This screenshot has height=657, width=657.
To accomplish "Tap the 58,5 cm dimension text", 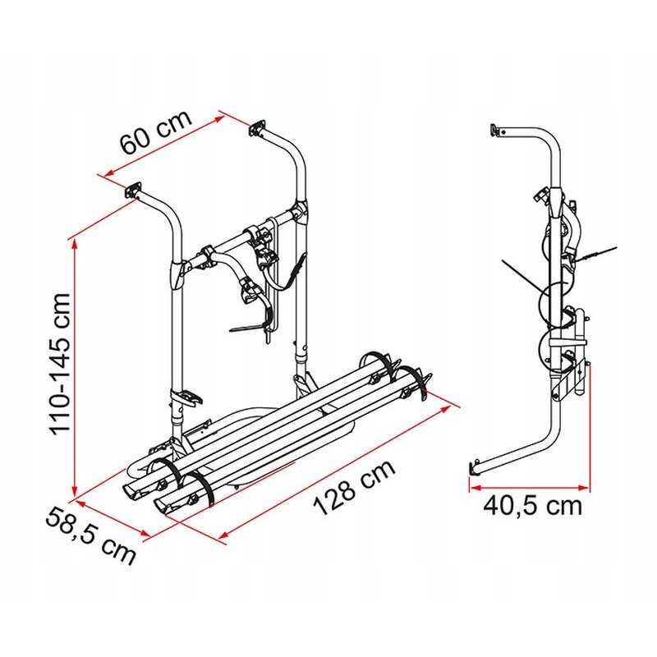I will pyautogui.click(x=91, y=535).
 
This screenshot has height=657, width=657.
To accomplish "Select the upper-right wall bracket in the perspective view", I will pyautogui.click(x=257, y=129).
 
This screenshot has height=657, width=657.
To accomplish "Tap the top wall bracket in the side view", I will pyautogui.click(x=495, y=129).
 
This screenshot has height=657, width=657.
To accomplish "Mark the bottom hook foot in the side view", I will pyautogui.click(x=474, y=467).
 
